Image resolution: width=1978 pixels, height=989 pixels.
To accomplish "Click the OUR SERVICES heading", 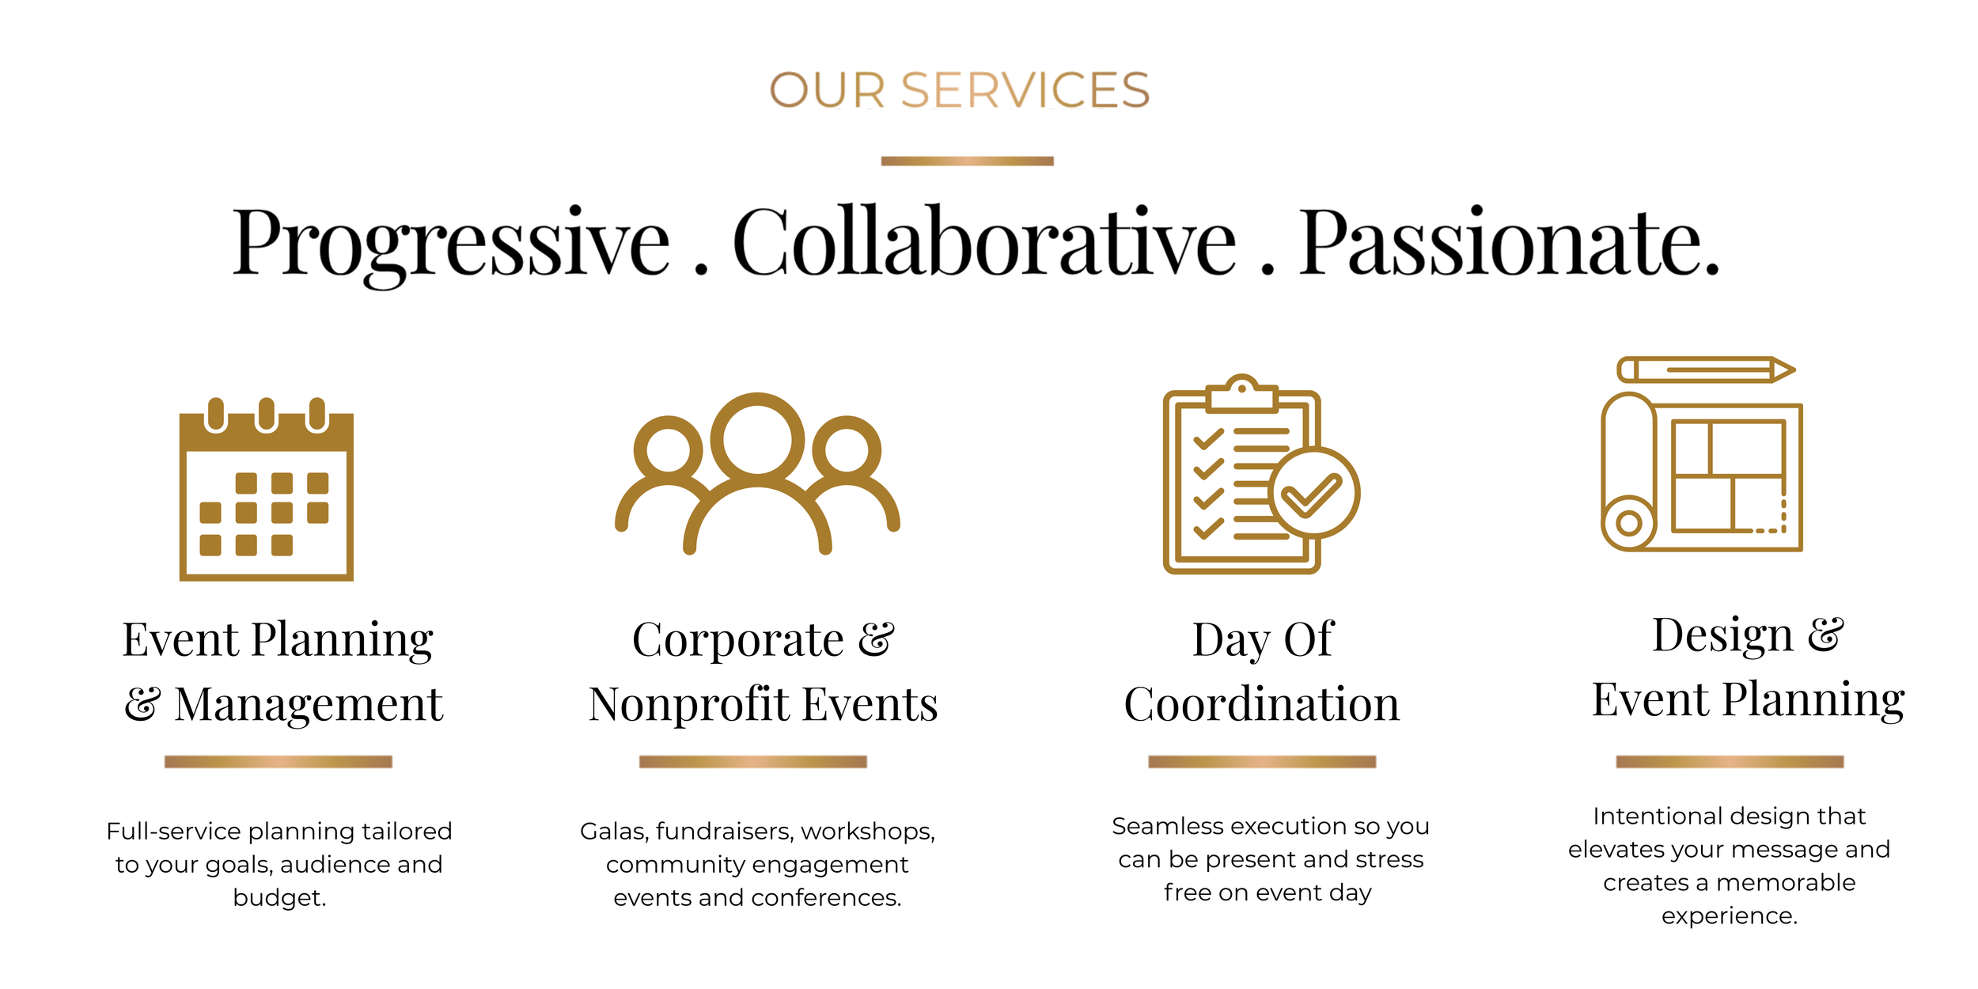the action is (960, 90).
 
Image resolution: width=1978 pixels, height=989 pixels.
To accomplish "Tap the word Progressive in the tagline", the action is (451, 244).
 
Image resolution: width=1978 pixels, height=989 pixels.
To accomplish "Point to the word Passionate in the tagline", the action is (1510, 241).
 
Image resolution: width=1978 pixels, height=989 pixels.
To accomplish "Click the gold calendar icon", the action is (267, 489).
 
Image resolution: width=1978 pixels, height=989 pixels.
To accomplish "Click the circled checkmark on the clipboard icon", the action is (1314, 493).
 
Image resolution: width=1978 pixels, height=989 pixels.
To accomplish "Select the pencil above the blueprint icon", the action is (1707, 369).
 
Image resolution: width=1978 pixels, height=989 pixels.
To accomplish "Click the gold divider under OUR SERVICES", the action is (967, 161).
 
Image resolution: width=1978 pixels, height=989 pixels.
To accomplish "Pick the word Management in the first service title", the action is (309, 704).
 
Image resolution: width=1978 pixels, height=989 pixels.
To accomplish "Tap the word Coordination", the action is (1262, 703).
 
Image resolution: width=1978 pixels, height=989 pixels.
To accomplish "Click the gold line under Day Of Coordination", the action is (1262, 761).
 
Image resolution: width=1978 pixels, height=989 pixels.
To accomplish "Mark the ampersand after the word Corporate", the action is (877, 638).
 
